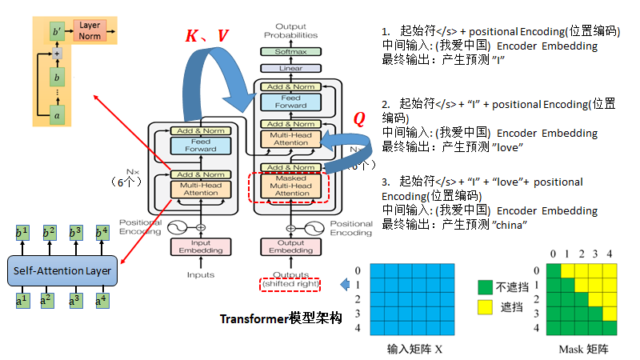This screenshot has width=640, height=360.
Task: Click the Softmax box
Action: (x=290, y=51)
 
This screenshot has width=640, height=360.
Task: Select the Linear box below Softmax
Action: (x=290, y=69)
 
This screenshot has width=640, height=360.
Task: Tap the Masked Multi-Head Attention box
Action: (x=291, y=186)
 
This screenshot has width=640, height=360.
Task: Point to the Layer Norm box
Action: (x=90, y=31)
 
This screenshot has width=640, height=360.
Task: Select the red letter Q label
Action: (x=359, y=119)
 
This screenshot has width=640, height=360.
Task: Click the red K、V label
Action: (x=206, y=35)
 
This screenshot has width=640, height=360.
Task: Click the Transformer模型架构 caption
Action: (x=281, y=318)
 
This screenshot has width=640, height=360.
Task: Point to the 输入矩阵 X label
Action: (x=414, y=349)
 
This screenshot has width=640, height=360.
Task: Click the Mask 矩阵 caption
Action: (x=578, y=350)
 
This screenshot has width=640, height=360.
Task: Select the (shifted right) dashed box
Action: (x=290, y=284)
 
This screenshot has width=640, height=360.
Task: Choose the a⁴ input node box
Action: (x=102, y=302)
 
